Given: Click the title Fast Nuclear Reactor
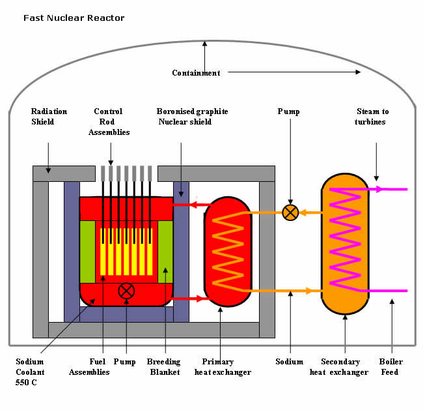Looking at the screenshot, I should pos(74,18).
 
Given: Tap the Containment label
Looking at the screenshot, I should pos(196,73).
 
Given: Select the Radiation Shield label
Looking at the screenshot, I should pos(49,116).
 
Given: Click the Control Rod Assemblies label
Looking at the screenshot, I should pos(110,121).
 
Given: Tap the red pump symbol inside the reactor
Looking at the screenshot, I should pos(126,291).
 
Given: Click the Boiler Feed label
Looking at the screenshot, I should pos(391,366).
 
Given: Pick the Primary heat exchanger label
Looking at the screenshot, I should pos(223,366).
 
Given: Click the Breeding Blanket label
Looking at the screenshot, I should pos(164,366).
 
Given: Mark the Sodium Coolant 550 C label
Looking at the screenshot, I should pos(31,372).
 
